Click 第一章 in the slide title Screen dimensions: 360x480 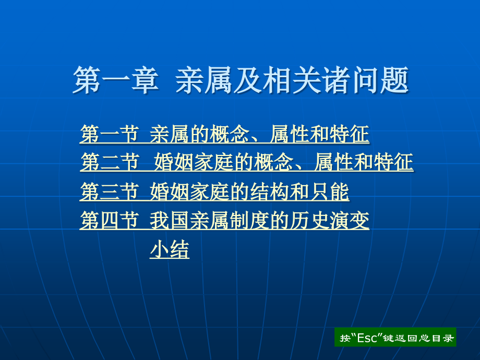115,80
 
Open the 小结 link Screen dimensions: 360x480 170,250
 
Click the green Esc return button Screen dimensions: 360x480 395,338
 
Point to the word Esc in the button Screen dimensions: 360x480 369,338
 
